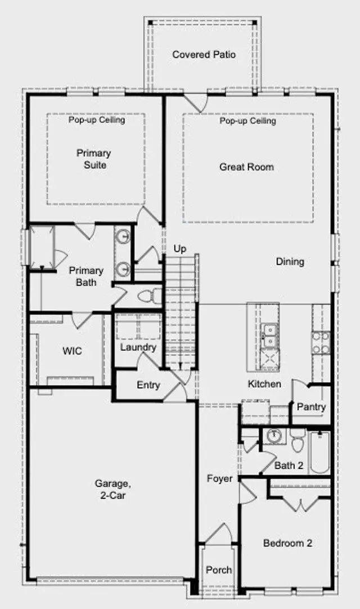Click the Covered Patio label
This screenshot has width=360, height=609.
[x=204, y=55]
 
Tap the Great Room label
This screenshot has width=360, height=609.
[x=246, y=167]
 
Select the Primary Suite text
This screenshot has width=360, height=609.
[x=93, y=159]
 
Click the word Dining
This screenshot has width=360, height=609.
[x=290, y=261]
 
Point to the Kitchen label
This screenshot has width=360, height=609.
[x=264, y=384]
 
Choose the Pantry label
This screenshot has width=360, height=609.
[x=311, y=406]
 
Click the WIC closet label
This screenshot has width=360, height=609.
[x=72, y=351]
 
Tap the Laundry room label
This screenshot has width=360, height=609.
[x=138, y=347]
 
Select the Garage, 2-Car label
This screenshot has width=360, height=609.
[x=112, y=489]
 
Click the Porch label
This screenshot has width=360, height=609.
[x=219, y=570]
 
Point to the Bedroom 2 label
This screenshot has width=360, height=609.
[x=287, y=543]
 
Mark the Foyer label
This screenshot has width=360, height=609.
[x=219, y=478]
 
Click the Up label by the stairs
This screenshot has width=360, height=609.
[x=179, y=249]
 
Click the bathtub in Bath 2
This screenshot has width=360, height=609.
[x=319, y=452]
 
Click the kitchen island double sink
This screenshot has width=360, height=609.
[x=269, y=335]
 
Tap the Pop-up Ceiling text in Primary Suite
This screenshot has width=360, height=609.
[x=97, y=120]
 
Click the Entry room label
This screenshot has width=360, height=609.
[x=148, y=385]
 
